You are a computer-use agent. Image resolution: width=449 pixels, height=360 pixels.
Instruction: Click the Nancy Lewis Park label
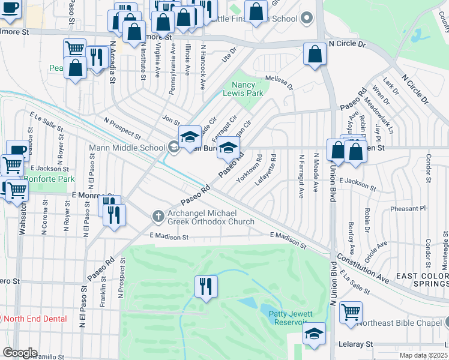pyautogui.click(x=243, y=89)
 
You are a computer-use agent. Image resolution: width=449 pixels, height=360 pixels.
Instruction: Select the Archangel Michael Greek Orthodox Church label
pyautogui.click(x=211, y=217)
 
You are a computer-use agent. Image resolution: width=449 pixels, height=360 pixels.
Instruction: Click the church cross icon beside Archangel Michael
pyautogui.click(x=158, y=215)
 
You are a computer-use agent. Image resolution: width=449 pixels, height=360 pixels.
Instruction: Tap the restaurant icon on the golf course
pyautogui.click(x=205, y=284)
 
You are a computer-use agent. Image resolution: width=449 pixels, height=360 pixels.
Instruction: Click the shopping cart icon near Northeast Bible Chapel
pyautogui.click(x=351, y=311)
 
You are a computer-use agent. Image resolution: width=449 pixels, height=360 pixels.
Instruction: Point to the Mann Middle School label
pyautogui.click(x=127, y=148)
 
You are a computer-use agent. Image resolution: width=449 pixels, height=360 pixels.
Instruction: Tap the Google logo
pyautogui.click(x=19, y=353)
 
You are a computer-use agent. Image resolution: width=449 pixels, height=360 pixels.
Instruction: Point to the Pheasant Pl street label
pyautogui.click(x=407, y=208)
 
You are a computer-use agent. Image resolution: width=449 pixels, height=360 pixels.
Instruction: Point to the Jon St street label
pyautogui.click(x=170, y=120)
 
